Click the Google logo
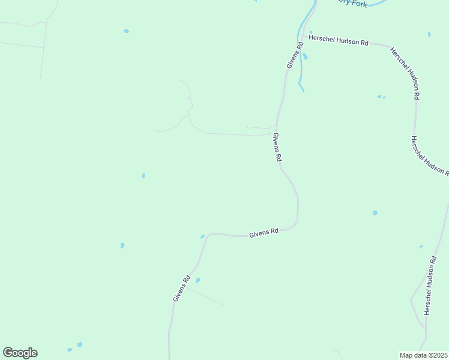(x=20, y=353)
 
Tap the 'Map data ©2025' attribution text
(x=424, y=355)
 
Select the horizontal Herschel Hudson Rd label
(x=338, y=40)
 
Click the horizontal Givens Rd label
(x=264, y=232)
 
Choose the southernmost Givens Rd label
(x=182, y=288)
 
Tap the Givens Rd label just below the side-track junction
(x=277, y=148)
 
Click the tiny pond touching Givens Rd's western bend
(x=202, y=236)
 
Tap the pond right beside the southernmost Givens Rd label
(x=197, y=280)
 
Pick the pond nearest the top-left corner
(x=126, y=31)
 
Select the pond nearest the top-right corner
(x=429, y=34)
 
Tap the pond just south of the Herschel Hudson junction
(x=306, y=57)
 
